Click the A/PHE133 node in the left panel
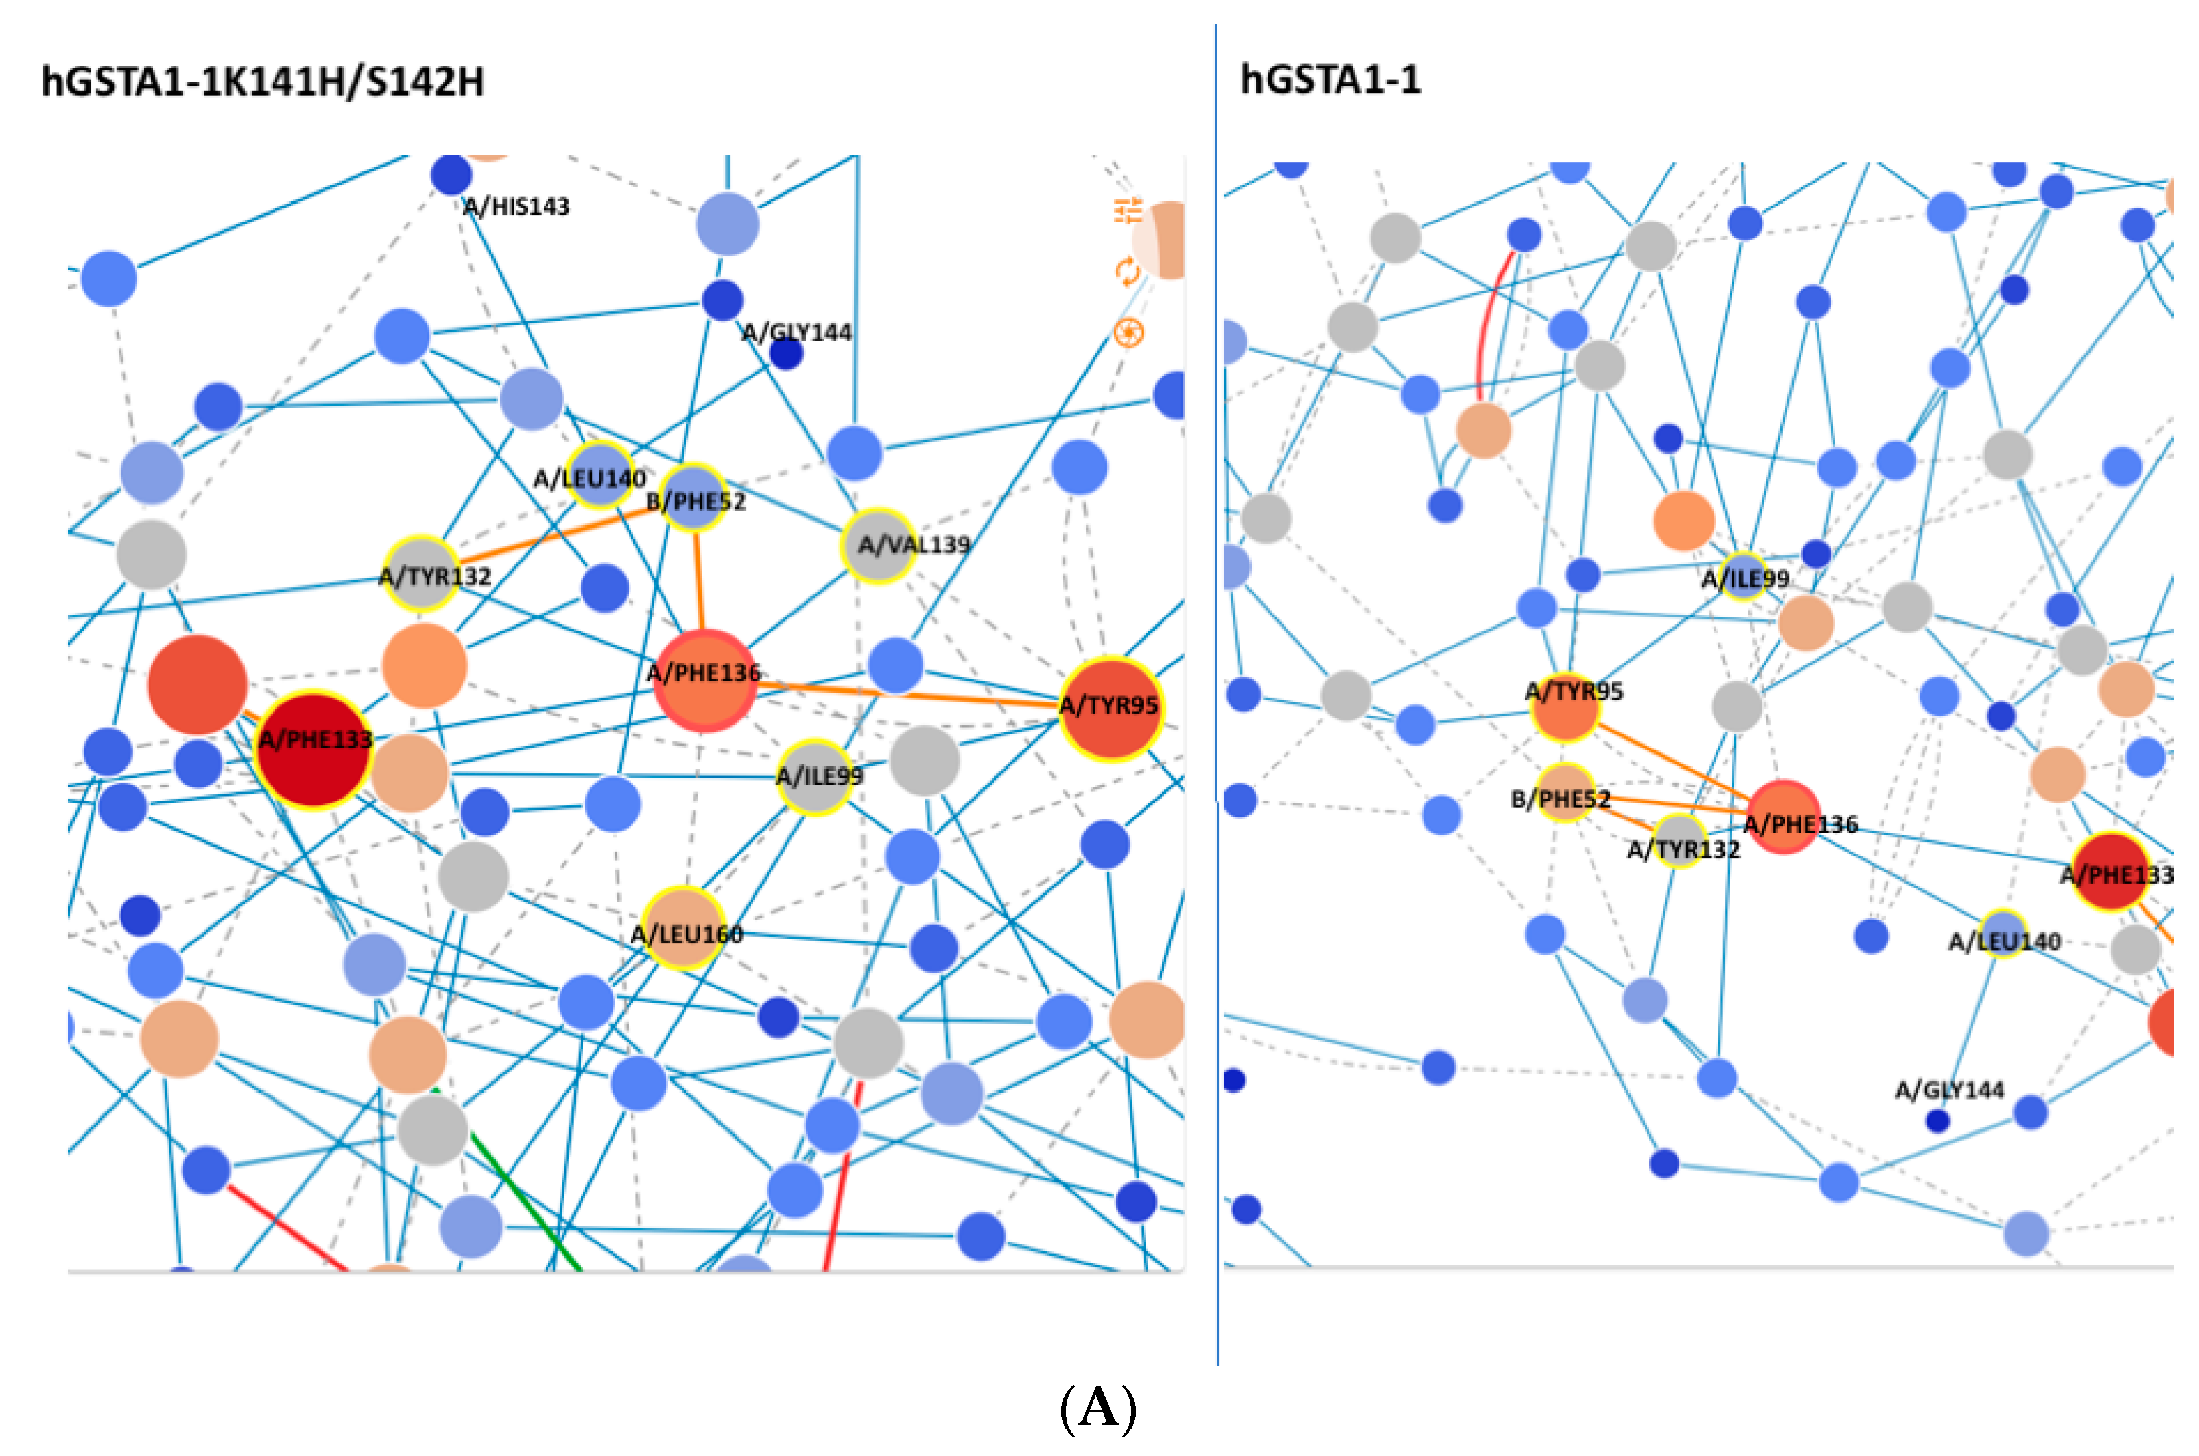(x=314, y=748)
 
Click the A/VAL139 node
(x=878, y=545)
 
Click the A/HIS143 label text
(x=517, y=206)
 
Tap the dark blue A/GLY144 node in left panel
(x=785, y=353)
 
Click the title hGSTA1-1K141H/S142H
(x=262, y=82)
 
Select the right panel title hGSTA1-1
(x=1330, y=80)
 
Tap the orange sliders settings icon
(x=1128, y=211)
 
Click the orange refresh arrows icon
(x=1128, y=272)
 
